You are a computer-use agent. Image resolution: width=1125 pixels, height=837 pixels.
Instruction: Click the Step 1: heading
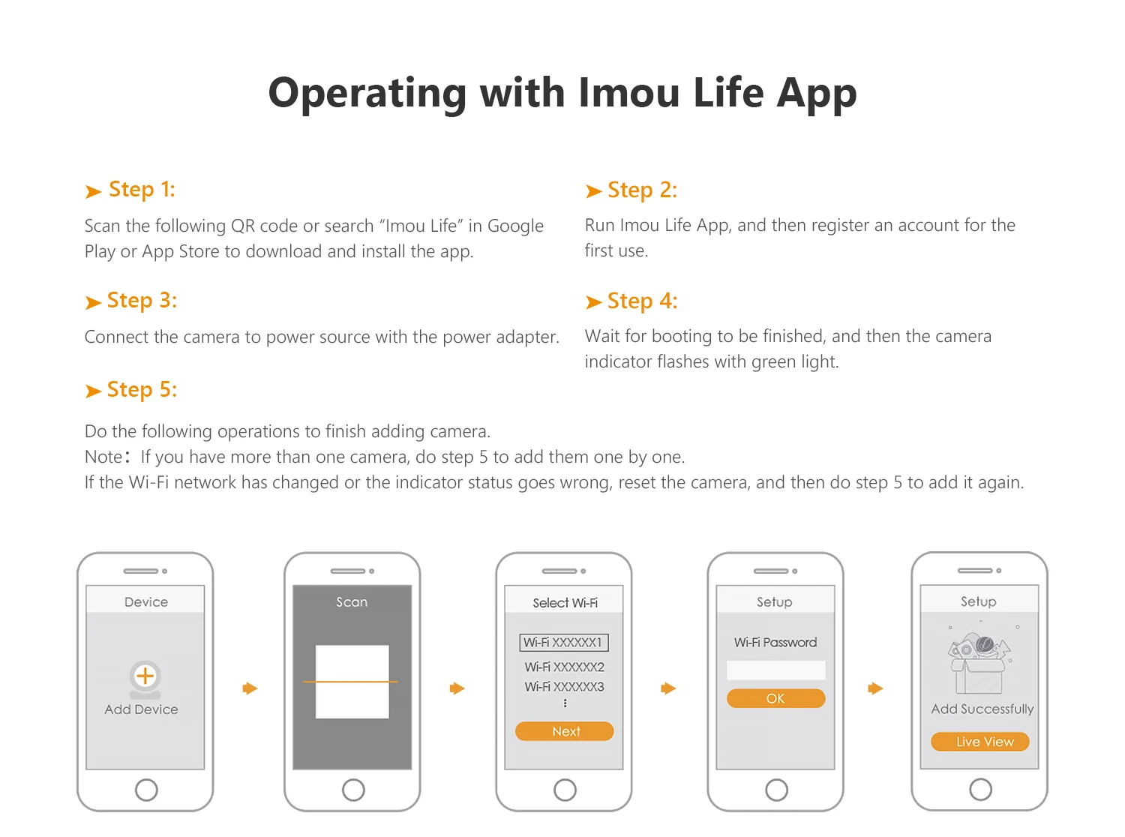(x=142, y=190)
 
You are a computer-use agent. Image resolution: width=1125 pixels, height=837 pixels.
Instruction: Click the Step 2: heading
(x=642, y=190)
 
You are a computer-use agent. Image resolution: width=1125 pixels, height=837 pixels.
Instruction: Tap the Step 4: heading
(x=642, y=301)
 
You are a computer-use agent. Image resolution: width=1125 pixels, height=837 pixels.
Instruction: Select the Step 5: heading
(x=142, y=389)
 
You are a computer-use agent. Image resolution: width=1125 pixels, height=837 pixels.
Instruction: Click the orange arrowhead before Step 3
(x=93, y=302)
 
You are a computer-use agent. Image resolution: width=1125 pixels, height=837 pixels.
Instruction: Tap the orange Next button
(x=564, y=731)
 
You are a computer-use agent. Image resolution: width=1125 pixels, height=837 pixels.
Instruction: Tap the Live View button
(x=980, y=742)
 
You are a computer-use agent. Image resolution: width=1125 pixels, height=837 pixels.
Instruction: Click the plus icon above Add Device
(x=145, y=676)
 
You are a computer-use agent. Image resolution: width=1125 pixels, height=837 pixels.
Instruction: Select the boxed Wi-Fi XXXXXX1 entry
(x=563, y=642)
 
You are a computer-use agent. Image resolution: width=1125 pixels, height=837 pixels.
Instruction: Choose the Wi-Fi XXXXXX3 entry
(x=564, y=687)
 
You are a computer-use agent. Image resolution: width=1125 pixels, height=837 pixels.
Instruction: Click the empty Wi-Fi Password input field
(x=775, y=670)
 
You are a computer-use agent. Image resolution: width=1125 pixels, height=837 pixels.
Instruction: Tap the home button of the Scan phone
(x=353, y=790)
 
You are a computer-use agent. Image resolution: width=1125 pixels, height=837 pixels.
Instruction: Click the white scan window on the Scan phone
(x=352, y=681)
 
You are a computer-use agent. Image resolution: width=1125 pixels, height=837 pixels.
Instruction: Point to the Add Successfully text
(x=982, y=709)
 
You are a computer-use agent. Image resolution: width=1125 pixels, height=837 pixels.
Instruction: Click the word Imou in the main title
(x=629, y=93)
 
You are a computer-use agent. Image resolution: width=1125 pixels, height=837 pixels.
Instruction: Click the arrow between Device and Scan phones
(x=250, y=688)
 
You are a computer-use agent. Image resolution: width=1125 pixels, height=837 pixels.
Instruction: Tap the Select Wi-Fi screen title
(x=565, y=603)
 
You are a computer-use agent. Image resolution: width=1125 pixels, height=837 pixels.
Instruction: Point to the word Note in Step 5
(x=103, y=457)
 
